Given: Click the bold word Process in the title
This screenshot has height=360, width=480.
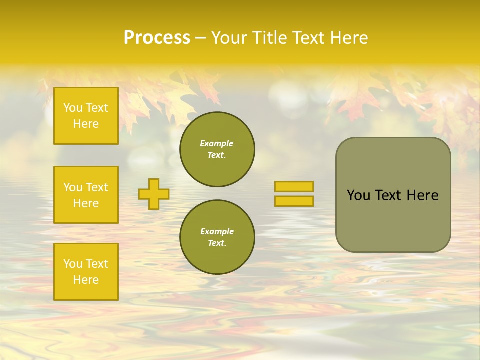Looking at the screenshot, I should [157, 38].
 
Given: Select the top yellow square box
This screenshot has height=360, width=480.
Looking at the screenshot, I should [86, 116].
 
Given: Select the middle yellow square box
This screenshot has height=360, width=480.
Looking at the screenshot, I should [86, 195].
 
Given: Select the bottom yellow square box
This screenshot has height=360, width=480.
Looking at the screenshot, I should [86, 271].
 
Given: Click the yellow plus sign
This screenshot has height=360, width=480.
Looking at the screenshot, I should [154, 194].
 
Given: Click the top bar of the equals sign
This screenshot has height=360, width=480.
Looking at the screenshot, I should [294, 186].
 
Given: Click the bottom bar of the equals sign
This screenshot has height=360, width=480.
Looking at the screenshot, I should [294, 201].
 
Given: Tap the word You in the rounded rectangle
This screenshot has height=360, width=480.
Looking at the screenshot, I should [359, 195].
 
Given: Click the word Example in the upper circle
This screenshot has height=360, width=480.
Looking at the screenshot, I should [217, 143].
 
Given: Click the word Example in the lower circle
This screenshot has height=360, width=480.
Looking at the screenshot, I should [217, 231].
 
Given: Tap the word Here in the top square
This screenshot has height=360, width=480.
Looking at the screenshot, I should [86, 124].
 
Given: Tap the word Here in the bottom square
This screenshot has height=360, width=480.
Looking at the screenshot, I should [86, 280].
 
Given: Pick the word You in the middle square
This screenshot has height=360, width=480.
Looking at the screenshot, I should [73, 187].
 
